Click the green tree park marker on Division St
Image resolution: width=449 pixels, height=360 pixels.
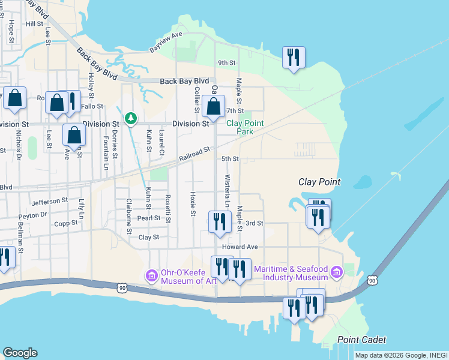pos(131,119)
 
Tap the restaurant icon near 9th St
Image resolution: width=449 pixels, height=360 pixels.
pos(294,58)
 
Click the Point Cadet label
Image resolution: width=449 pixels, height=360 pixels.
pos(361,340)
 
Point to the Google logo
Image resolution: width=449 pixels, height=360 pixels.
pos(20,353)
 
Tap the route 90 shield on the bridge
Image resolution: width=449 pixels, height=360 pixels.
pos(373,280)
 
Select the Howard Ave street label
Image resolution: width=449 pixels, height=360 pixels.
pos(240,247)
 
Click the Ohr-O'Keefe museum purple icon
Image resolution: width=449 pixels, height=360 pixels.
pos(151,275)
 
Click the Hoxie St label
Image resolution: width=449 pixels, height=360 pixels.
pos(193,204)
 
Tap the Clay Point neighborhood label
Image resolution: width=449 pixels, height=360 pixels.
pos(320,182)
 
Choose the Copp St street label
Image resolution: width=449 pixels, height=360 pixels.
pos(66,223)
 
